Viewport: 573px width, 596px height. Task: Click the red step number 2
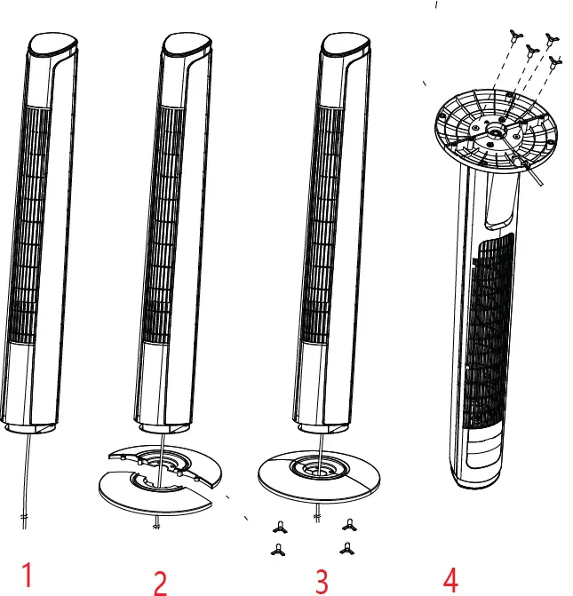point(160,582)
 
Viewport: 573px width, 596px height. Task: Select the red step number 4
point(450,580)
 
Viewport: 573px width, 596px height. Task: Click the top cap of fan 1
point(53,44)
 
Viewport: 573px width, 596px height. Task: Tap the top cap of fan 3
point(346,44)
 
